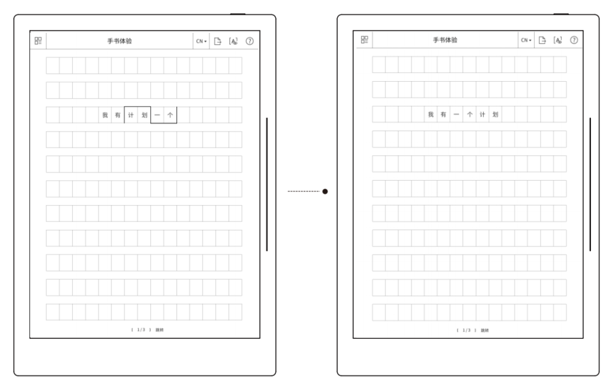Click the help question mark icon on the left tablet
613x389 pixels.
250,41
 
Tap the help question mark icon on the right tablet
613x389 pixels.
574,40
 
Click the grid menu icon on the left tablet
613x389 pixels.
39,41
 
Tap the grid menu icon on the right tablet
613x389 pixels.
365,40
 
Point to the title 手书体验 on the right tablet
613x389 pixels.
446,40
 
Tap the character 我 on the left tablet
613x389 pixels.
105,115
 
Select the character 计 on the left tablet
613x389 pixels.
131,115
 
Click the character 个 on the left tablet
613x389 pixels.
170,115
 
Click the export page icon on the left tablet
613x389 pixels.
217,41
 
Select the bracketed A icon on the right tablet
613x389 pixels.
559,40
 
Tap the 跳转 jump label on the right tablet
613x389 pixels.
484,330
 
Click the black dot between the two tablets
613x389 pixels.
325,191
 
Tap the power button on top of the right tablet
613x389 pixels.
561,14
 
